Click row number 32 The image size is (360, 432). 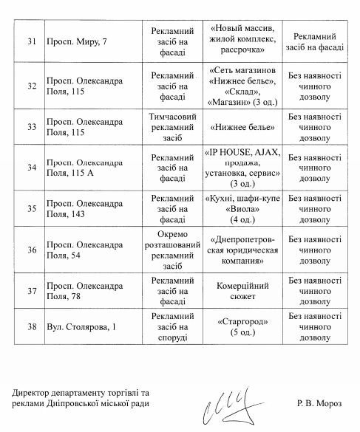31,86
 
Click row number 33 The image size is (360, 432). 31,126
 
